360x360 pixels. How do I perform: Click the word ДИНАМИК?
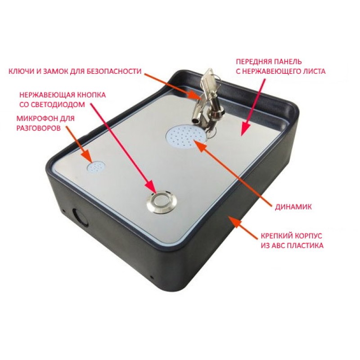point(293,207)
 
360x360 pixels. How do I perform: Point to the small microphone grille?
point(96,167)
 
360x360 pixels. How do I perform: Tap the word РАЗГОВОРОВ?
point(38,128)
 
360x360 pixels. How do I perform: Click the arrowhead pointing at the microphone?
point(87,157)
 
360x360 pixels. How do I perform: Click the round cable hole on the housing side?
point(81,217)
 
